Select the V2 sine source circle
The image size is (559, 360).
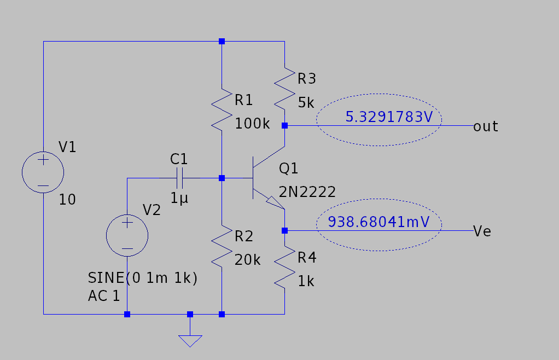coord(127,236)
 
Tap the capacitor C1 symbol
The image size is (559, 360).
coord(179,178)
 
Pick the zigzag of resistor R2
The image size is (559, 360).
coord(222,243)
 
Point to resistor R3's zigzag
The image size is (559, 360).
coord(285,88)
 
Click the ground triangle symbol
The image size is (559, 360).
coord(190,340)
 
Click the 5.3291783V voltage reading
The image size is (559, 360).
coord(386,117)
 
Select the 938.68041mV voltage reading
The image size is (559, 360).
coord(378,222)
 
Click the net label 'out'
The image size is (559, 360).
coord(486,126)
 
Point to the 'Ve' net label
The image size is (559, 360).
coord(482,231)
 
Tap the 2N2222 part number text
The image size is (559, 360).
coord(307,191)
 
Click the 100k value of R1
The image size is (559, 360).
coord(252,124)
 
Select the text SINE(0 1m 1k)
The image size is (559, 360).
coord(142,278)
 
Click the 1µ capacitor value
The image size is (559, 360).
coord(179,199)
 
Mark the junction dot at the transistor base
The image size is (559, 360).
coord(222,178)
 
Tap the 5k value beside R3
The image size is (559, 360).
coord(306,102)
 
